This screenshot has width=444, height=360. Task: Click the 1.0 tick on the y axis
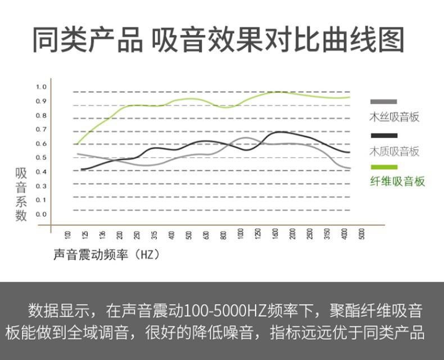click(41, 87)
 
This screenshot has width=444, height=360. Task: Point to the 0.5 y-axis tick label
click(41, 157)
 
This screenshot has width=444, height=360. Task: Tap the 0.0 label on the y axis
click(41, 214)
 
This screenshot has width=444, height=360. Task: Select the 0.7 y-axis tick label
click(41, 129)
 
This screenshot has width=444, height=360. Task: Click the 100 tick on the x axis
click(68, 235)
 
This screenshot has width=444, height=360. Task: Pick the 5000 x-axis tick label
click(363, 235)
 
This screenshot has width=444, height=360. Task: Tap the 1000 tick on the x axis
click(241, 235)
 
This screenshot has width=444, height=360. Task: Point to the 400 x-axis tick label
click(171, 235)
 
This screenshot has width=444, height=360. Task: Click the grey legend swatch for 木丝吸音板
click(384, 102)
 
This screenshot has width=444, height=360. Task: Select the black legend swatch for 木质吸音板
click(384, 135)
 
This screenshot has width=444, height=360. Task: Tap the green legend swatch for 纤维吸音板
click(384, 167)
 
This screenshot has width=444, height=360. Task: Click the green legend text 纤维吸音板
click(397, 181)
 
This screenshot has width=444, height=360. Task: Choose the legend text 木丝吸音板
click(394, 117)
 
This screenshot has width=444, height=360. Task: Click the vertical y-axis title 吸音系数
click(21, 194)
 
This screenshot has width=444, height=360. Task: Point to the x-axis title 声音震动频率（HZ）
click(107, 254)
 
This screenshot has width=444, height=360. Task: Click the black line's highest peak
click(279, 132)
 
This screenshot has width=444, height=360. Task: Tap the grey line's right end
click(350, 168)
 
